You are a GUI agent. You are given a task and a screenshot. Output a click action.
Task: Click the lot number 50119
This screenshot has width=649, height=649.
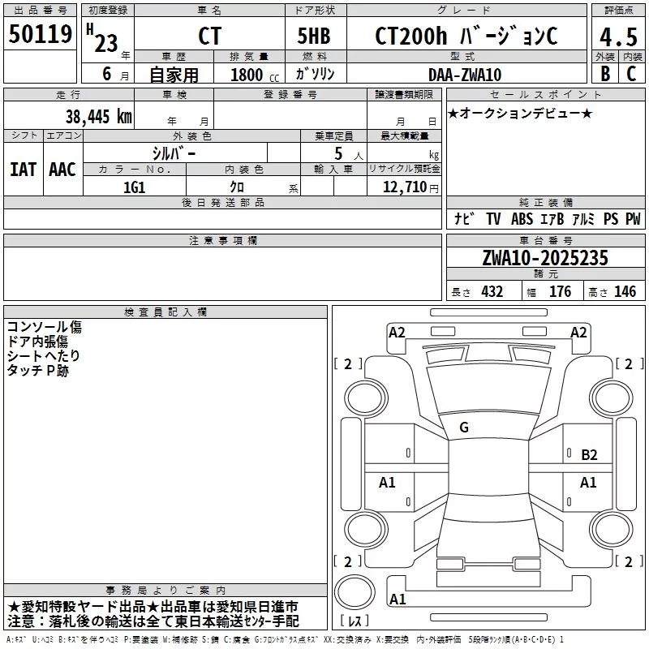tap(40, 33)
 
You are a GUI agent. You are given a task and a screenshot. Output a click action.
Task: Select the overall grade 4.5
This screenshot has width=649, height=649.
tap(618, 37)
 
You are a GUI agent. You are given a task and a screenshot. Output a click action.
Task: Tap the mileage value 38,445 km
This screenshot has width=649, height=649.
tap(99, 116)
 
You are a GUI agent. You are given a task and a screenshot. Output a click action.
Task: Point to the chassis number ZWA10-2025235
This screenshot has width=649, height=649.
tap(545, 257)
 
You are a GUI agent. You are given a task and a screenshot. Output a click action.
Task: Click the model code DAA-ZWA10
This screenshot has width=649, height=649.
tap(465, 75)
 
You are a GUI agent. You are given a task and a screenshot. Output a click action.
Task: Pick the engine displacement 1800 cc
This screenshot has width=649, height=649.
tap(255, 75)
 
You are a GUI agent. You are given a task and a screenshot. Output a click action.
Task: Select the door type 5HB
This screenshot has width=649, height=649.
tap(314, 36)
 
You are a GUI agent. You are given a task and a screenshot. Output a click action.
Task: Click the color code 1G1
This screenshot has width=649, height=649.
tap(135, 187)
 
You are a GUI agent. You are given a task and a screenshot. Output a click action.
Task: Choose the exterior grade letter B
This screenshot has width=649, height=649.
tap(605, 74)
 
